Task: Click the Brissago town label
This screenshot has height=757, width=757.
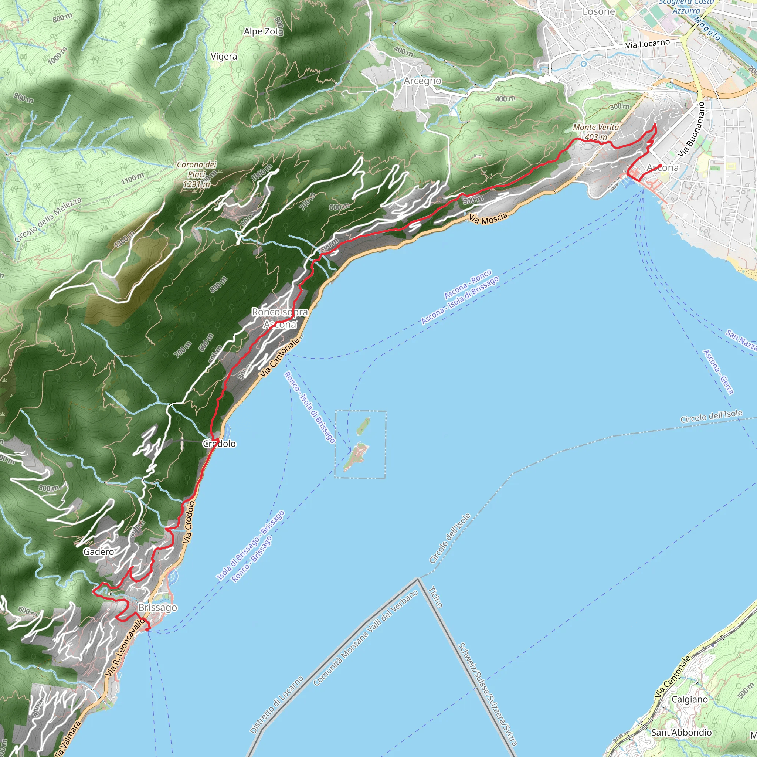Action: coord(157,607)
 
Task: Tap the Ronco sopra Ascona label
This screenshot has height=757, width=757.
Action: coord(279,318)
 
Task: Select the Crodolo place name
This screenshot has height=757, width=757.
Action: coord(219,444)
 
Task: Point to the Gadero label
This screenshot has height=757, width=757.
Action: coord(98,552)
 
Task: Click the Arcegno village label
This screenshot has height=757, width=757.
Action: coord(422,81)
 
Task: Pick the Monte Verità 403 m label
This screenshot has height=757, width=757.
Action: coord(595,132)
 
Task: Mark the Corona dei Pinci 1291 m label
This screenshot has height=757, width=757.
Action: coord(197,174)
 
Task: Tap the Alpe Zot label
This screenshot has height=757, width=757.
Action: coord(261,31)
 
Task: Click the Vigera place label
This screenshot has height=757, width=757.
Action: coord(224,57)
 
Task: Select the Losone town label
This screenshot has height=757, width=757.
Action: coord(599,11)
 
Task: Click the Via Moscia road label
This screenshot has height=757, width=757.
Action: coord(488,218)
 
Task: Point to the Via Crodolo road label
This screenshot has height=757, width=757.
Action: coord(189,522)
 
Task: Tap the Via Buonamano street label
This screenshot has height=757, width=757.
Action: coord(692,130)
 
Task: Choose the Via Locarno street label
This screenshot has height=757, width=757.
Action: coord(647,44)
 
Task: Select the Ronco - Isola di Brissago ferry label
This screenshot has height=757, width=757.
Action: coord(309,407)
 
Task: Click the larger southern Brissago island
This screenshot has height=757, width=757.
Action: coord(356,457)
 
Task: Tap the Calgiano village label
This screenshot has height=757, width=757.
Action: coord(690,699)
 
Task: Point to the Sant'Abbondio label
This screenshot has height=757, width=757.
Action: coord(681,732)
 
